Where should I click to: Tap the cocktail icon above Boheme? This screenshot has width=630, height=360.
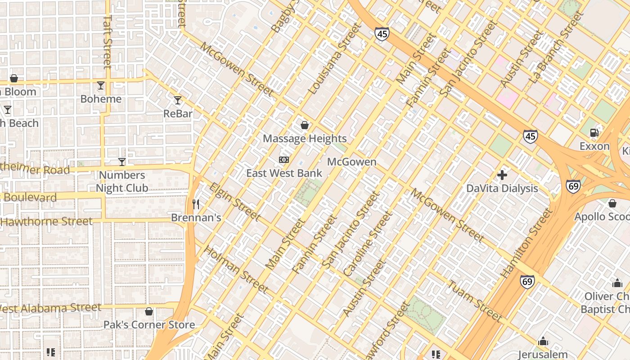click(x=101, y=85)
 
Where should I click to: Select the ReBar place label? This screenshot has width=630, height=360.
click(x=178, y=113)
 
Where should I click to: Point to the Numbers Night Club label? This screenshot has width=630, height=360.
click(x=122, y=181)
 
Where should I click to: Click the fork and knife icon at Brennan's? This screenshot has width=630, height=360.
click(x=196, y=204)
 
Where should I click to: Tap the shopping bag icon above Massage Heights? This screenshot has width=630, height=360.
click(x=305, y=125)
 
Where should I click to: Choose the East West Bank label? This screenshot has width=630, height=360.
click(x=284, y=173)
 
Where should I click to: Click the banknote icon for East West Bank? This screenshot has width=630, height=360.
click(x=283, y=160)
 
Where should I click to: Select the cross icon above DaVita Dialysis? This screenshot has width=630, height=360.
click(x=502, y=175)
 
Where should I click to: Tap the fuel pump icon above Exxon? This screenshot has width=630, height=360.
click(x=594, y=133)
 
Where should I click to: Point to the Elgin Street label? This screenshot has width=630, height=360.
click(x=234, y=202)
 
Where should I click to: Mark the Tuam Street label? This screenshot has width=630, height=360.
click(x=475, y=301)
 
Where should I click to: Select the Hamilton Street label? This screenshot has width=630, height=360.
click(x=526, y=243)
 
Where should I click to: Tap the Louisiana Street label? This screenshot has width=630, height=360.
click(x=335, y=58)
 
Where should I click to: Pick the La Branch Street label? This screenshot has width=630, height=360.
click(x=557, y=47)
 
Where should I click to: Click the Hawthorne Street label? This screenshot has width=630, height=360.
click(x=46, y=221)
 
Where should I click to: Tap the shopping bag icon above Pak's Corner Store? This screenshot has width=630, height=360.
click(x=149, y=311)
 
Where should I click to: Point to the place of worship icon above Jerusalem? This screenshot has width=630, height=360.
click(x=543, y=341)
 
